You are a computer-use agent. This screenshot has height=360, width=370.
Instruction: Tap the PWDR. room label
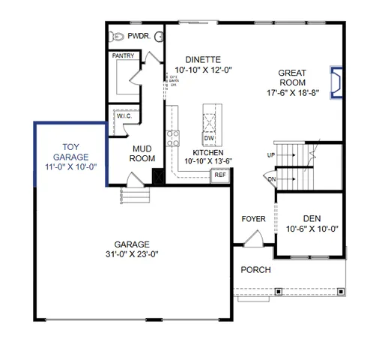(139, 35)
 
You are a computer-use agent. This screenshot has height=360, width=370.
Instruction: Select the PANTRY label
(124, 56)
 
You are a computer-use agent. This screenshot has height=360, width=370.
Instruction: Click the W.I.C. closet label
(124, 116)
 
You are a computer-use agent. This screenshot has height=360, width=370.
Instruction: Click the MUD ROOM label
(142, 153)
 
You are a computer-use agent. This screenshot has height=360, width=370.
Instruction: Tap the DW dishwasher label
(209, 139)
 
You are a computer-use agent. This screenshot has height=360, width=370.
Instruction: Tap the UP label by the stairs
(270, 155)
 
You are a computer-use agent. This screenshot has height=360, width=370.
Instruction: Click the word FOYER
(253, 219)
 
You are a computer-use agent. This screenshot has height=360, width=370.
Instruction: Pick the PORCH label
(255, 269)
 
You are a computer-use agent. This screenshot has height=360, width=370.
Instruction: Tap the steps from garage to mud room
(136, 196)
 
